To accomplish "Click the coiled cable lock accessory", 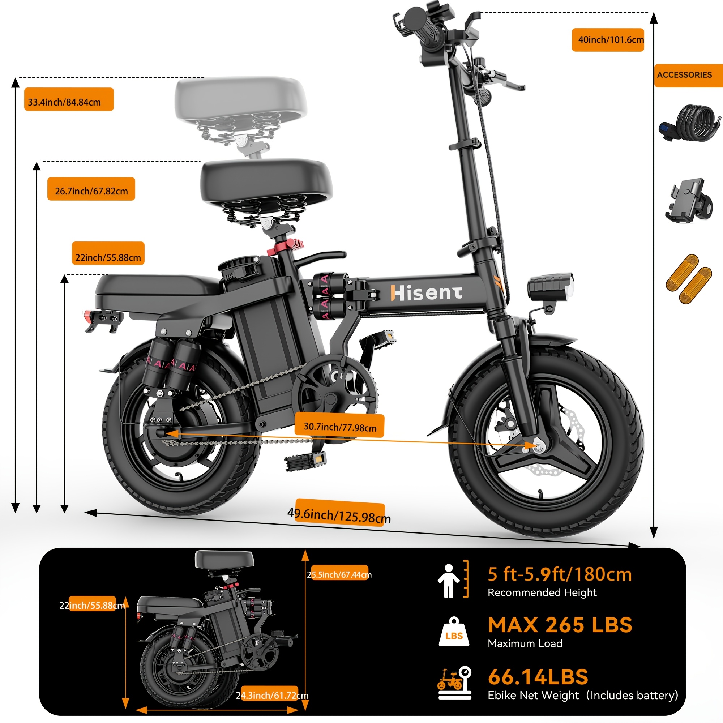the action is coord(690,123).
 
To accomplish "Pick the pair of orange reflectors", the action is coord(689,279).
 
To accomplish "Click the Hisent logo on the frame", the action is coord(426,293).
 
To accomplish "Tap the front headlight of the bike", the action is coord(550,287).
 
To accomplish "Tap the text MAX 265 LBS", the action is coord(560,625).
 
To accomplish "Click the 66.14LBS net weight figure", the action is coord(538,677).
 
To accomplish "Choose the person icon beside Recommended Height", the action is coord(448,581).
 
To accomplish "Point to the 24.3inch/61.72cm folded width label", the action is coord(272,695).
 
